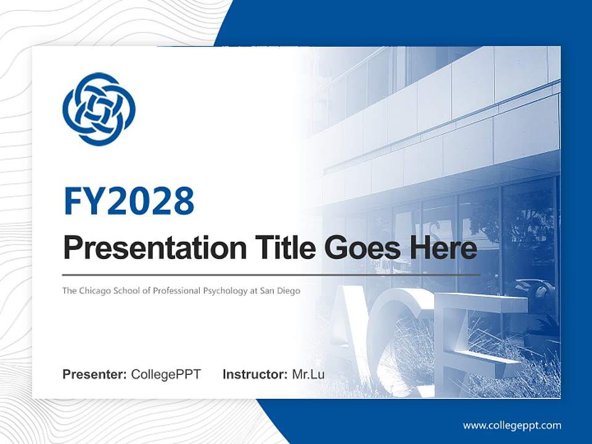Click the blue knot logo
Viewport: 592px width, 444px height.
tap(99, 109)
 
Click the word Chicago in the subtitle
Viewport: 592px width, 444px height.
tap(95, 290)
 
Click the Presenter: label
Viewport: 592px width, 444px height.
tap(95, 374)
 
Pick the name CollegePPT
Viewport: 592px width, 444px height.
tap(166, 374)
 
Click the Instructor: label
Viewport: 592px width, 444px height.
tap(255, 374)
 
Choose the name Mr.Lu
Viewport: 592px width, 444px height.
tap(308, 374)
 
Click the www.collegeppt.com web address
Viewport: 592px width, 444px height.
tap(512, 425)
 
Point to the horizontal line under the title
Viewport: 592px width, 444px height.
tap(271, 274)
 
